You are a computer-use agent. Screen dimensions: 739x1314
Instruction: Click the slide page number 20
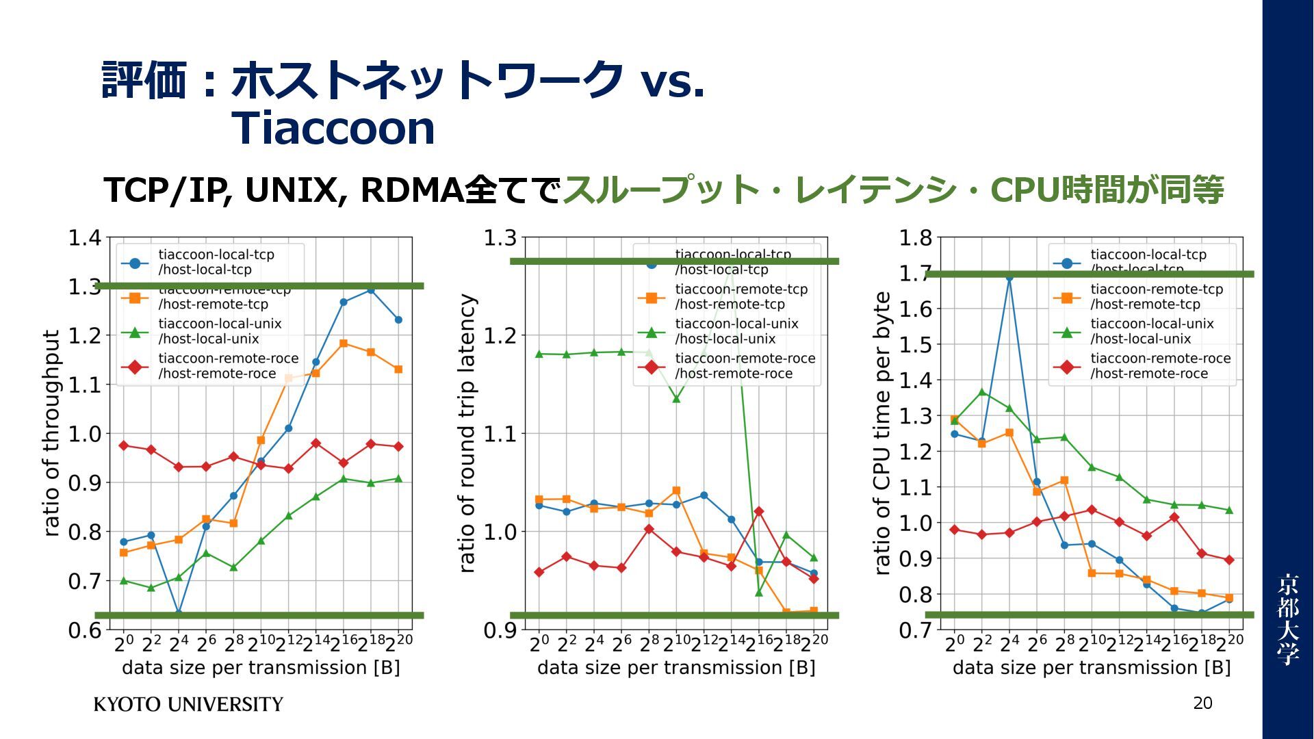pyautogui.click(x=1202, y=703)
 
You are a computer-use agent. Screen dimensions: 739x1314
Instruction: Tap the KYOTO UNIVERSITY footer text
pyautogui.click(x=188, y=704)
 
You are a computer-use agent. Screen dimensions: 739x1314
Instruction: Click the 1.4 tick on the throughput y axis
pyautogui.click(x=85, y=238)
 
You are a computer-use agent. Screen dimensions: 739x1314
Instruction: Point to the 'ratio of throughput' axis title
pyautogui.click(x=52, y=433)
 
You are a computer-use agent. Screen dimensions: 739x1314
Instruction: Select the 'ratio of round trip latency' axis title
pyautogui.click(x=466, y=433)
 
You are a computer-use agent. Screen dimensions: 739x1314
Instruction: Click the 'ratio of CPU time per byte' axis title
pyautogui.click(x=882, y=433)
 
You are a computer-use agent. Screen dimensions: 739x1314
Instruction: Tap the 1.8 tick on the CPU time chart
pyautogui.click(x=915, y=238)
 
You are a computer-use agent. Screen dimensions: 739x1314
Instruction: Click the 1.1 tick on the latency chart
pyautogui.click(x=500, y=433)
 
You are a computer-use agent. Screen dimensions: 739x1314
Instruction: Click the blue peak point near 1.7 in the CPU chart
pyautogui.click(x=1009, y=277)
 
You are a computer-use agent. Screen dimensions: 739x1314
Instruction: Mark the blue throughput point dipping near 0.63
pyautogui.click(x=179, y=612)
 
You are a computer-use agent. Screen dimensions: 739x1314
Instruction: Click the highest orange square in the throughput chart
pyautogui.click(x=344, y=343)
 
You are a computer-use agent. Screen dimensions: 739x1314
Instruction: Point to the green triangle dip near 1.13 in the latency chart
pyautogui.click(x=676, y=399)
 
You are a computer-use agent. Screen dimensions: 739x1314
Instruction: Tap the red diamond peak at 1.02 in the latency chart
pyautogui.click(x=758, y=511)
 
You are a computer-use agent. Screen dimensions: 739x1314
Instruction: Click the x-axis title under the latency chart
pyautogui.click(x=675, y=668)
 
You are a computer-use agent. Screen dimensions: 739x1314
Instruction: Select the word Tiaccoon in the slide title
pyautogui.click(x=333, y=128)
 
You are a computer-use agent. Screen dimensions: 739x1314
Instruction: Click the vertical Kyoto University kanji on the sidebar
pyautogui.click(x=1287, y=619)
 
